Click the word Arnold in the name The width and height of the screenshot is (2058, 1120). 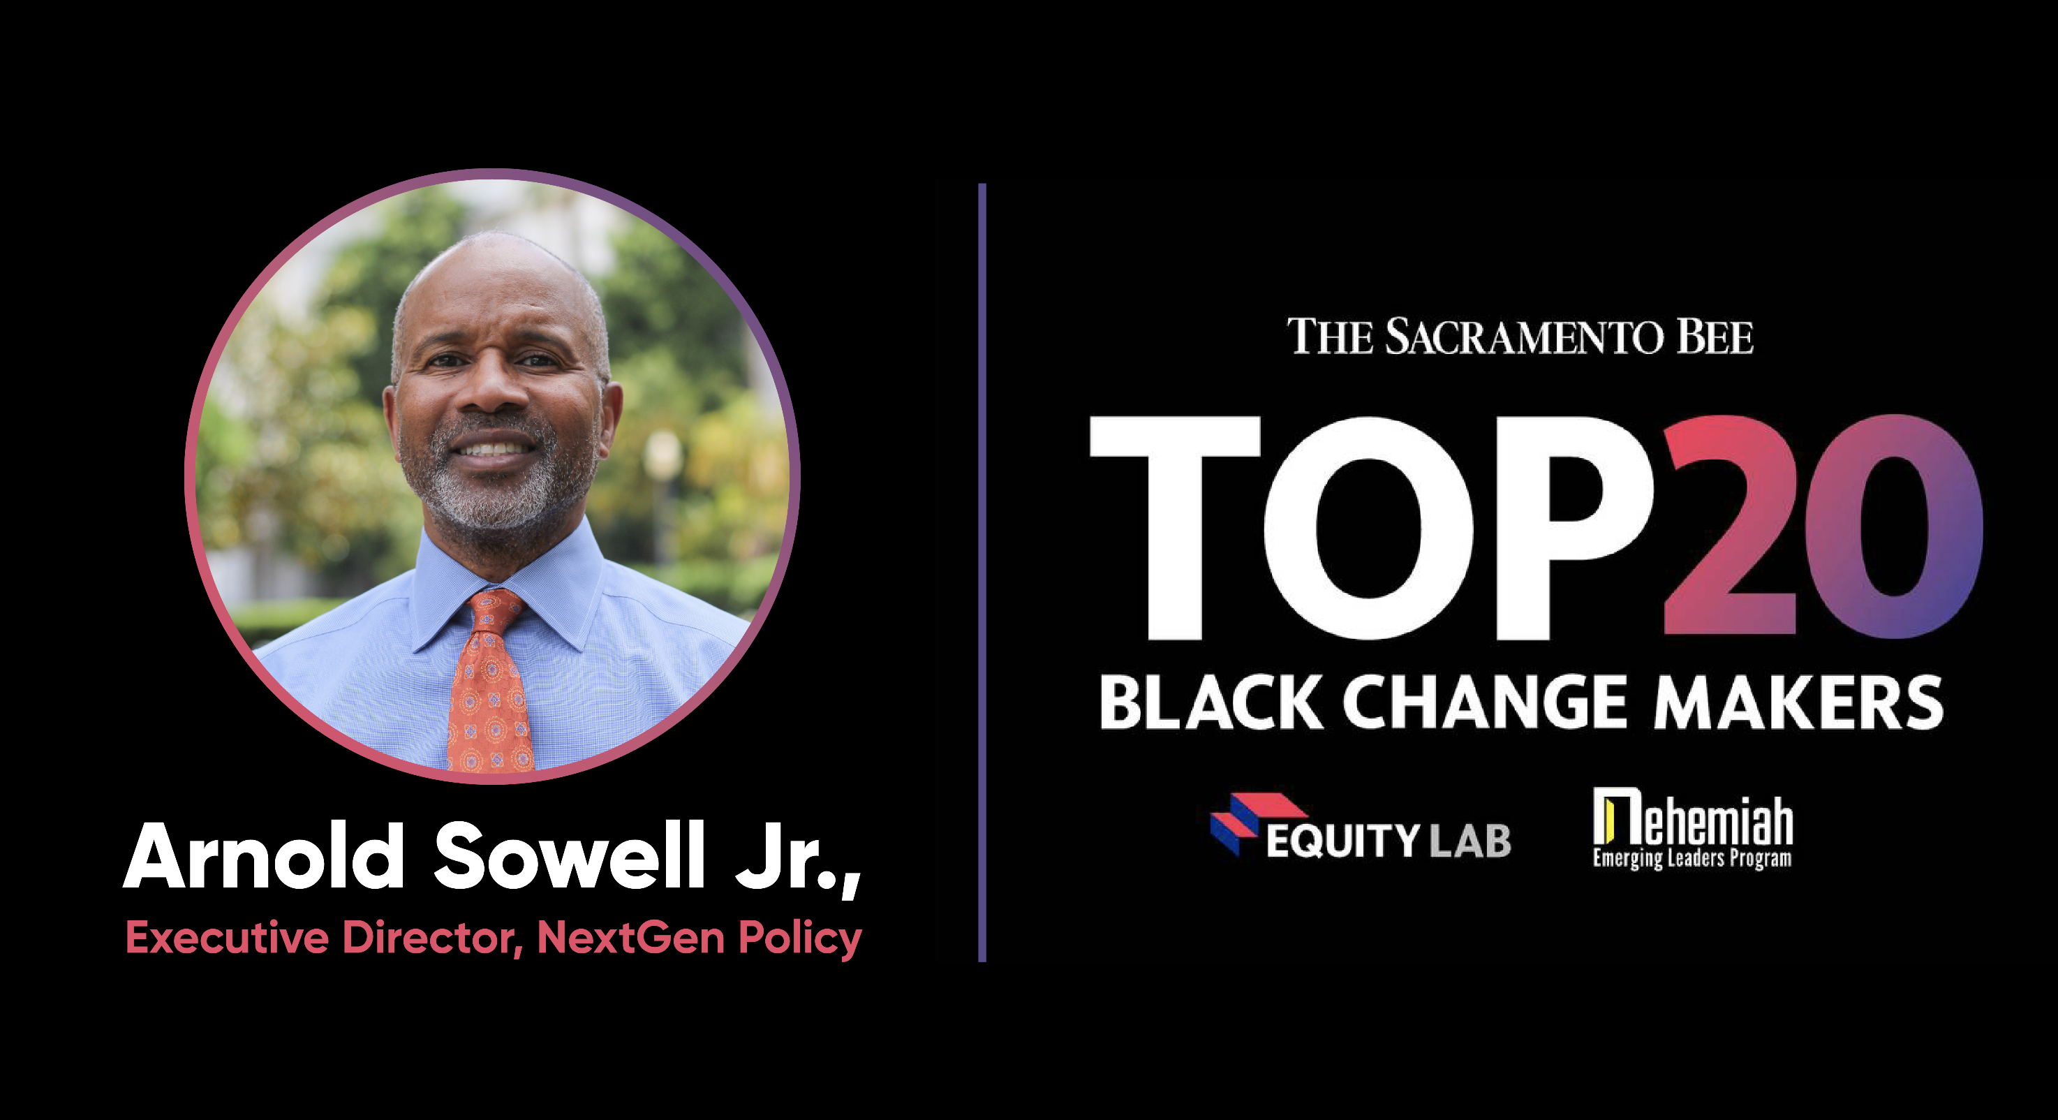coord(264,855)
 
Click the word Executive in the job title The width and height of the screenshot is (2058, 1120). coord(227,937)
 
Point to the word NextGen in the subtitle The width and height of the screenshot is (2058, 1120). coord(630,937)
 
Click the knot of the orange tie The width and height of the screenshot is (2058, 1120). coord(492,611)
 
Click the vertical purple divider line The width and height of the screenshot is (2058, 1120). coord(982,572)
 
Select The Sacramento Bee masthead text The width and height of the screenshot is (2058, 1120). coord(1520,337)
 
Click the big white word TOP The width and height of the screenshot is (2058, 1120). coord(1370,527)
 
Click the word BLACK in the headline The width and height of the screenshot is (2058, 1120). coord(1211,702)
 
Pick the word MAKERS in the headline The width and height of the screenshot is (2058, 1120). coord(1798,702)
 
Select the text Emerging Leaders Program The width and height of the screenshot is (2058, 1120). coord(1692,859)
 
